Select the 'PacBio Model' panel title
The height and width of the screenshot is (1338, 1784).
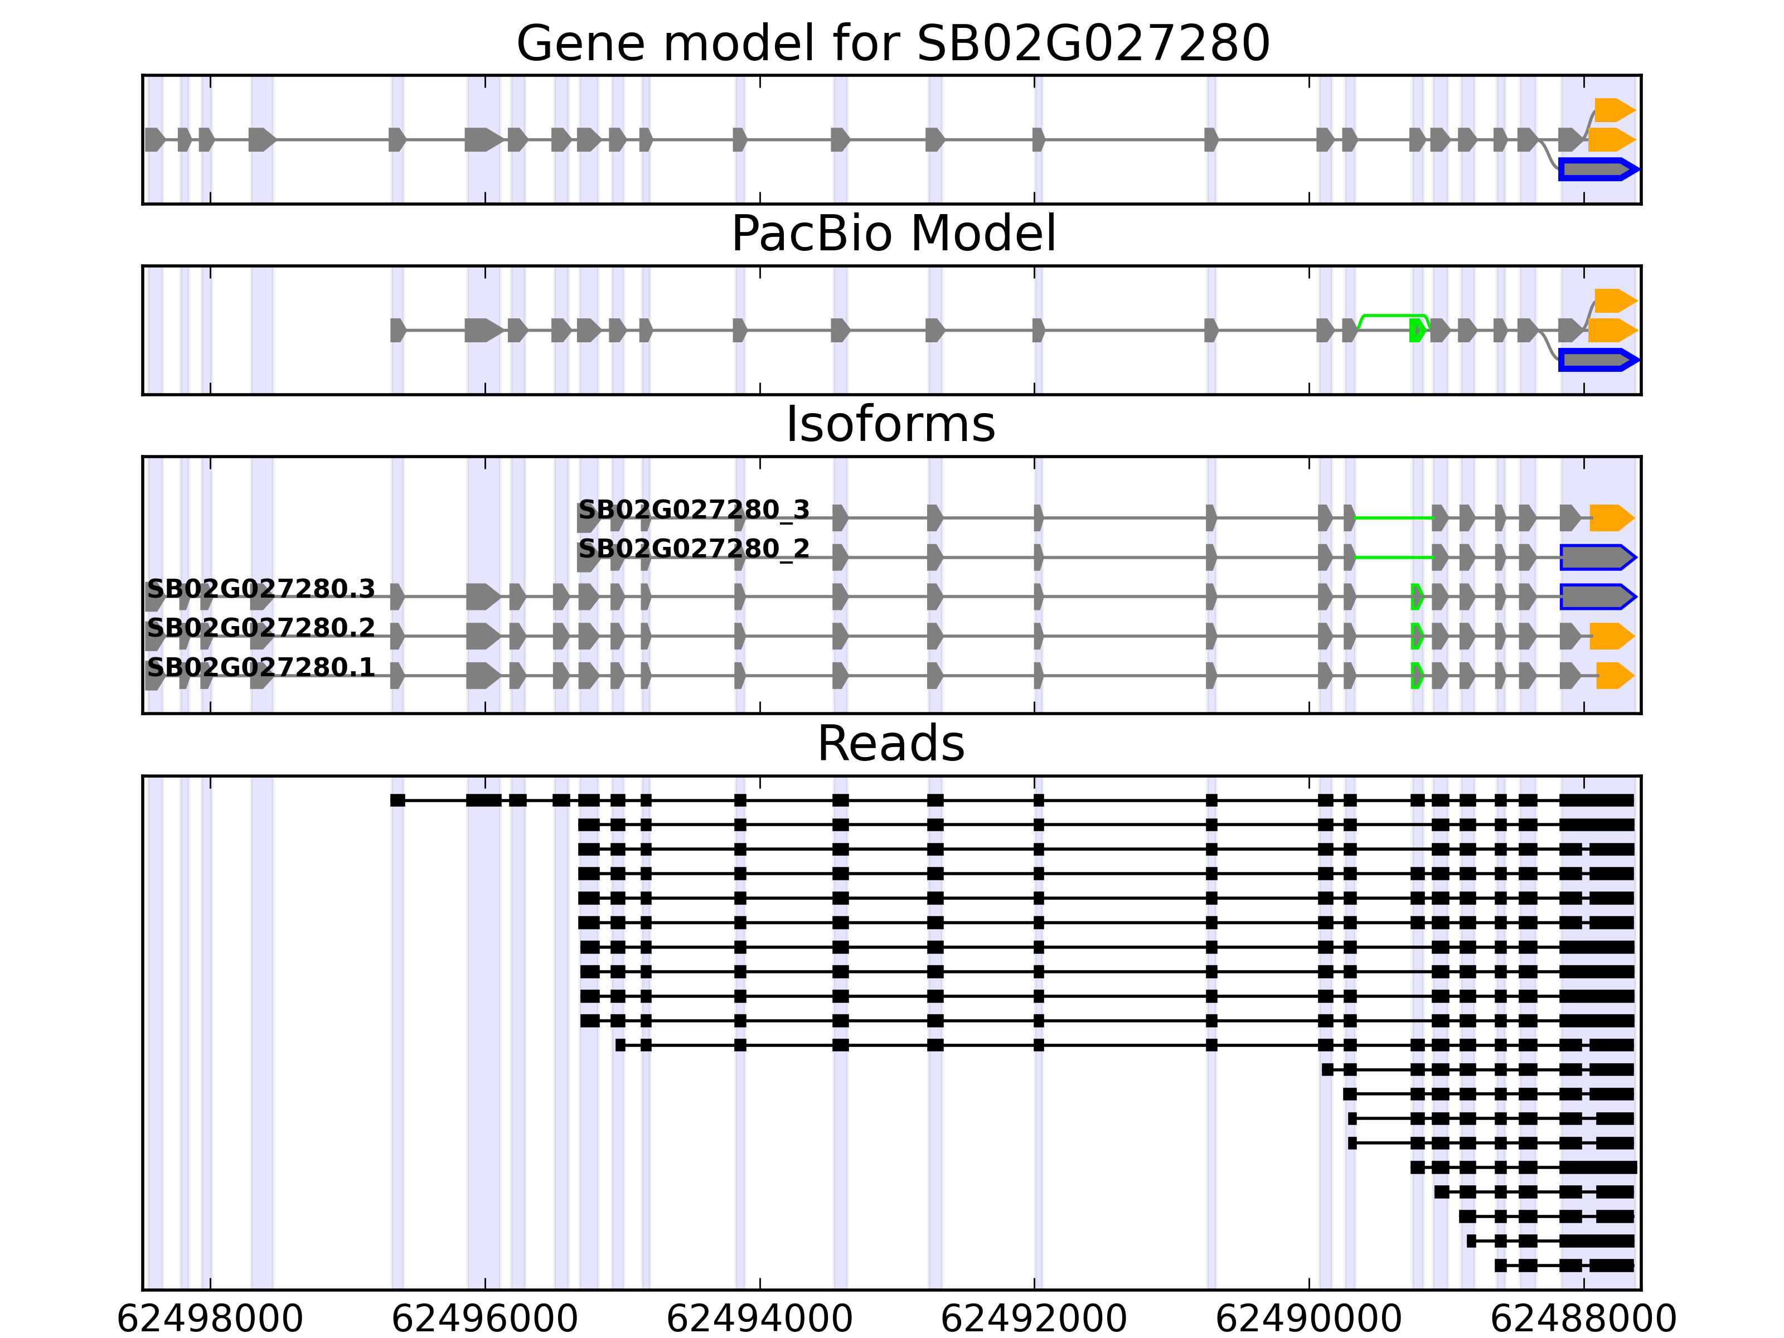[893, 234]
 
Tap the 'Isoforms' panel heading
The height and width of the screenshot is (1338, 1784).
[890, 424]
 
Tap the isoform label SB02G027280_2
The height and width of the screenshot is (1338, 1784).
[694, 549]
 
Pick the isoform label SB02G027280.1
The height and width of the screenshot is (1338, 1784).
[260, 668]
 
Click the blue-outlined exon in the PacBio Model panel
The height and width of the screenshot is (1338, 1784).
[1597, 360]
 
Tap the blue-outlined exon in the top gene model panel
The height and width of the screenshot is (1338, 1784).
[1597, 169]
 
